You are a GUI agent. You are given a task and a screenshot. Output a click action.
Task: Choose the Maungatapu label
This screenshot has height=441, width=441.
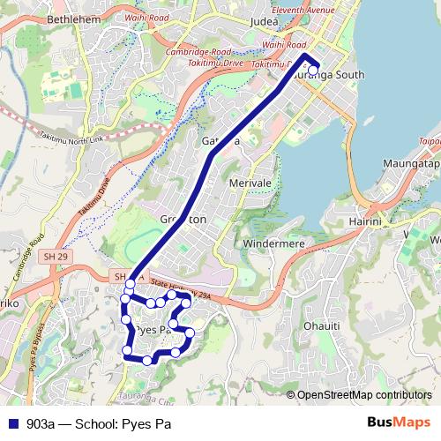tap(410, 165)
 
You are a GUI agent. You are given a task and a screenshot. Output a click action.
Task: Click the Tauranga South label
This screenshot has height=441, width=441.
tap(329, 75)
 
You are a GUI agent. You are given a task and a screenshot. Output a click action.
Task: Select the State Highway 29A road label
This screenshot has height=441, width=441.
tap(180, 286)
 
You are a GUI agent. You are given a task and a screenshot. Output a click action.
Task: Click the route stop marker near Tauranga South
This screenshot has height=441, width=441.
tap(313, 70)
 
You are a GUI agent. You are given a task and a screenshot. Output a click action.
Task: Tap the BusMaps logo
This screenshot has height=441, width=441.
tap(399, 422)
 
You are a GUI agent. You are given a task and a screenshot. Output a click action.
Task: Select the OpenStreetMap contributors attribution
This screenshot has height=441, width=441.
tap(364, 394)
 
